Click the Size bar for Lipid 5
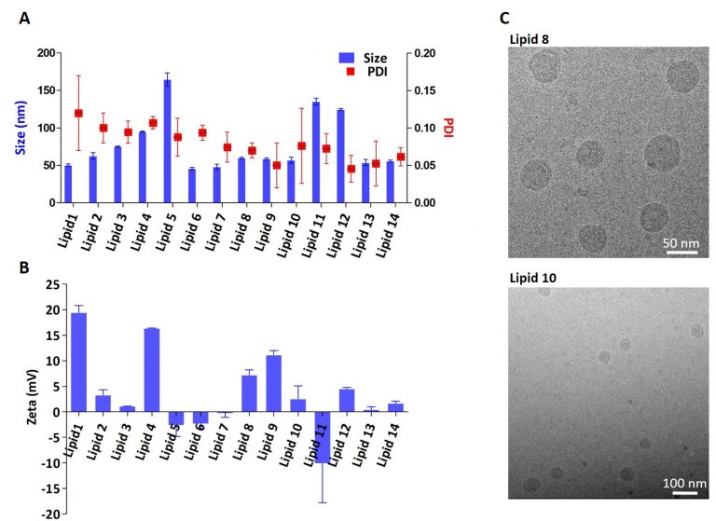coord(167,141)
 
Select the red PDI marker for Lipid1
coord(78,113)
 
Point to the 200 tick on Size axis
coord(44,53)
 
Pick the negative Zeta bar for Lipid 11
coord(323,436)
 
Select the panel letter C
coord(504,18)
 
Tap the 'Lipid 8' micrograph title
coord(530,38)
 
